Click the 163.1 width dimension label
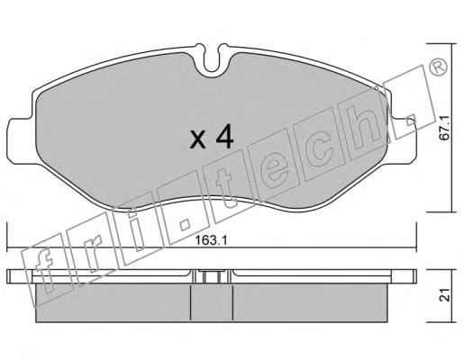click(211, 240)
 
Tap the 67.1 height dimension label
click(444, 128)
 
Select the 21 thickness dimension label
click(444, 295)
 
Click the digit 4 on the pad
click(224, 137)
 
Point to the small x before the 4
click(198, 140)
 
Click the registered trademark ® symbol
click(439, 67)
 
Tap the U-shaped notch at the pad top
click(212, 58)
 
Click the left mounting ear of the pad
click(21, 141)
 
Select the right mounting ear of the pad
click(403, 140)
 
